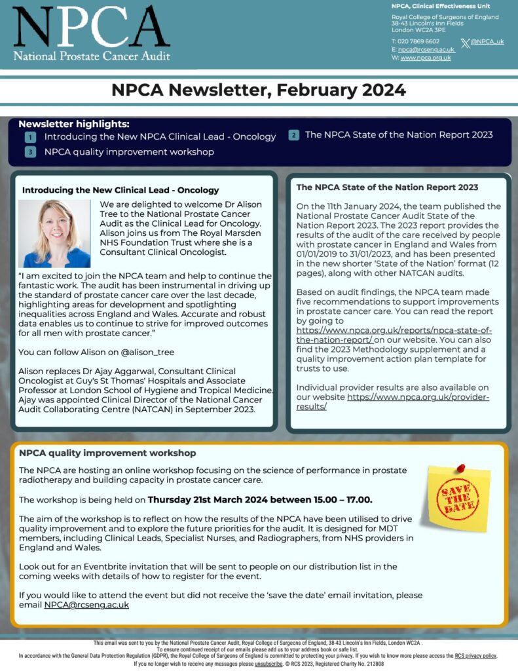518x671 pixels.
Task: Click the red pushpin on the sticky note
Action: (x=460, y=469)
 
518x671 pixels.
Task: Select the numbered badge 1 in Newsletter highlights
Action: (x=30, y=137)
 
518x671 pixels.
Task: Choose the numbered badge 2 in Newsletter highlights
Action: (x=294, y=135)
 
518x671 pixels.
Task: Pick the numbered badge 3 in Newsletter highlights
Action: (x=30, y=152)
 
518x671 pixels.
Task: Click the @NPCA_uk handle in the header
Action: (x=487, y=41)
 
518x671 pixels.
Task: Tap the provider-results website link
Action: (x=393, y=402)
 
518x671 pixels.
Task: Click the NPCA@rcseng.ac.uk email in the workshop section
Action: (x=86, y=605)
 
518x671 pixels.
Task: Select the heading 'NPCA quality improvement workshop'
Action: (x=107, y=453)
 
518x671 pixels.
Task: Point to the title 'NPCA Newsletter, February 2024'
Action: (x=259, y=90)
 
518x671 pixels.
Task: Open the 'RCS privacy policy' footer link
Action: (x=475, y=655)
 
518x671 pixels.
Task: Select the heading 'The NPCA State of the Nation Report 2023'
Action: (x=387, y=187)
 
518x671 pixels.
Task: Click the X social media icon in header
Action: (x=465, y=43)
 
